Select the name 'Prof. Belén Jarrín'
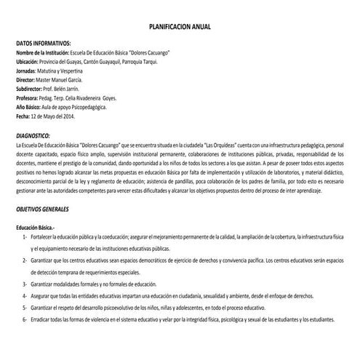point(71,89)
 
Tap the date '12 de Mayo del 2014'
point(57,115)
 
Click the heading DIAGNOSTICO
point(33,136)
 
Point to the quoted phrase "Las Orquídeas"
point(215,145)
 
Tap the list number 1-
point(25,237)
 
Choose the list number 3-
point(25,284)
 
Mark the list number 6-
point(25,319)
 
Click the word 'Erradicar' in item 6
point(45,319)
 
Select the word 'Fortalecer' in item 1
point(47,237)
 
